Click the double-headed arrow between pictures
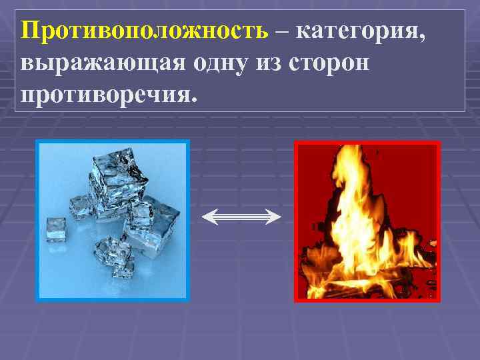(x=241, y=216)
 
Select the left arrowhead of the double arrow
(x=207, y=216)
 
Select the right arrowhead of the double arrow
(x=275, y=216)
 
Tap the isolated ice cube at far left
(x=55, y=229)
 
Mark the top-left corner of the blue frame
(x=37, y=141)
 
